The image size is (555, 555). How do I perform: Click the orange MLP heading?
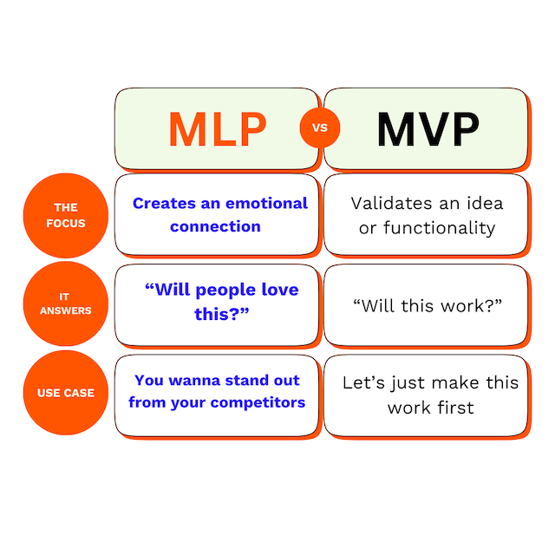(x=218, y=128)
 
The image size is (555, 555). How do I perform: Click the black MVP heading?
(x=428, y=128)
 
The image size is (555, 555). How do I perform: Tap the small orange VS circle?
(x=320, y=128)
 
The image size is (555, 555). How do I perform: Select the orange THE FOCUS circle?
(x=66, y=215)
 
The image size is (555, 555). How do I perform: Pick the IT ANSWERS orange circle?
(x=66, y=304)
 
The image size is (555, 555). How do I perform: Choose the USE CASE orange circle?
(x=66, y=392)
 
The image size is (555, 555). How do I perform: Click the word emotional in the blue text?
(x=265, y=204)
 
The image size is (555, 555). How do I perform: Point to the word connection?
(x=215, y=226)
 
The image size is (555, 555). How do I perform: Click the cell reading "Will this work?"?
(x=428, y=305)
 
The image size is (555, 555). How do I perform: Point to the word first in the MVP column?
(x=454, y=407)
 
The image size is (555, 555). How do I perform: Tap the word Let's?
(x=365, y=382)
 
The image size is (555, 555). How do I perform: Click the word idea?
(x=485, y=204)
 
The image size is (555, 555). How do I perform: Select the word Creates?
(x=163, y=204)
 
